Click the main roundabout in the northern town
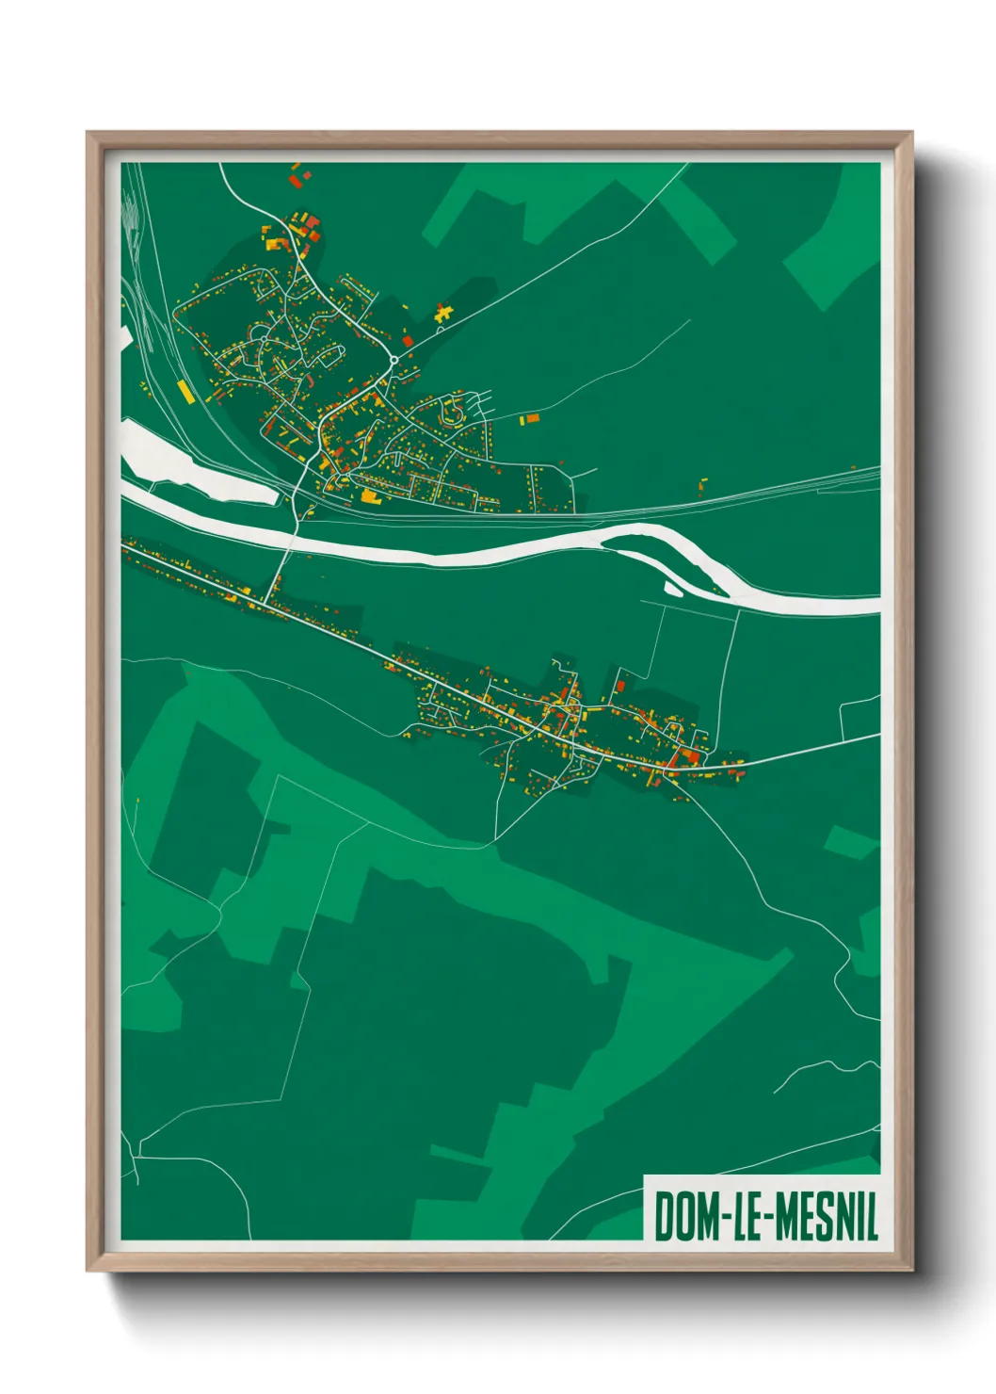point(394,359)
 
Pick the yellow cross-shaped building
point(443,313)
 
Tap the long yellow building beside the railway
point(184,390)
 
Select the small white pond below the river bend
point(672,591)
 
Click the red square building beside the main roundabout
point(408,339)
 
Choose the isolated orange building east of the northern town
point(532,418)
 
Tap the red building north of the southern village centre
point(620,685)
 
